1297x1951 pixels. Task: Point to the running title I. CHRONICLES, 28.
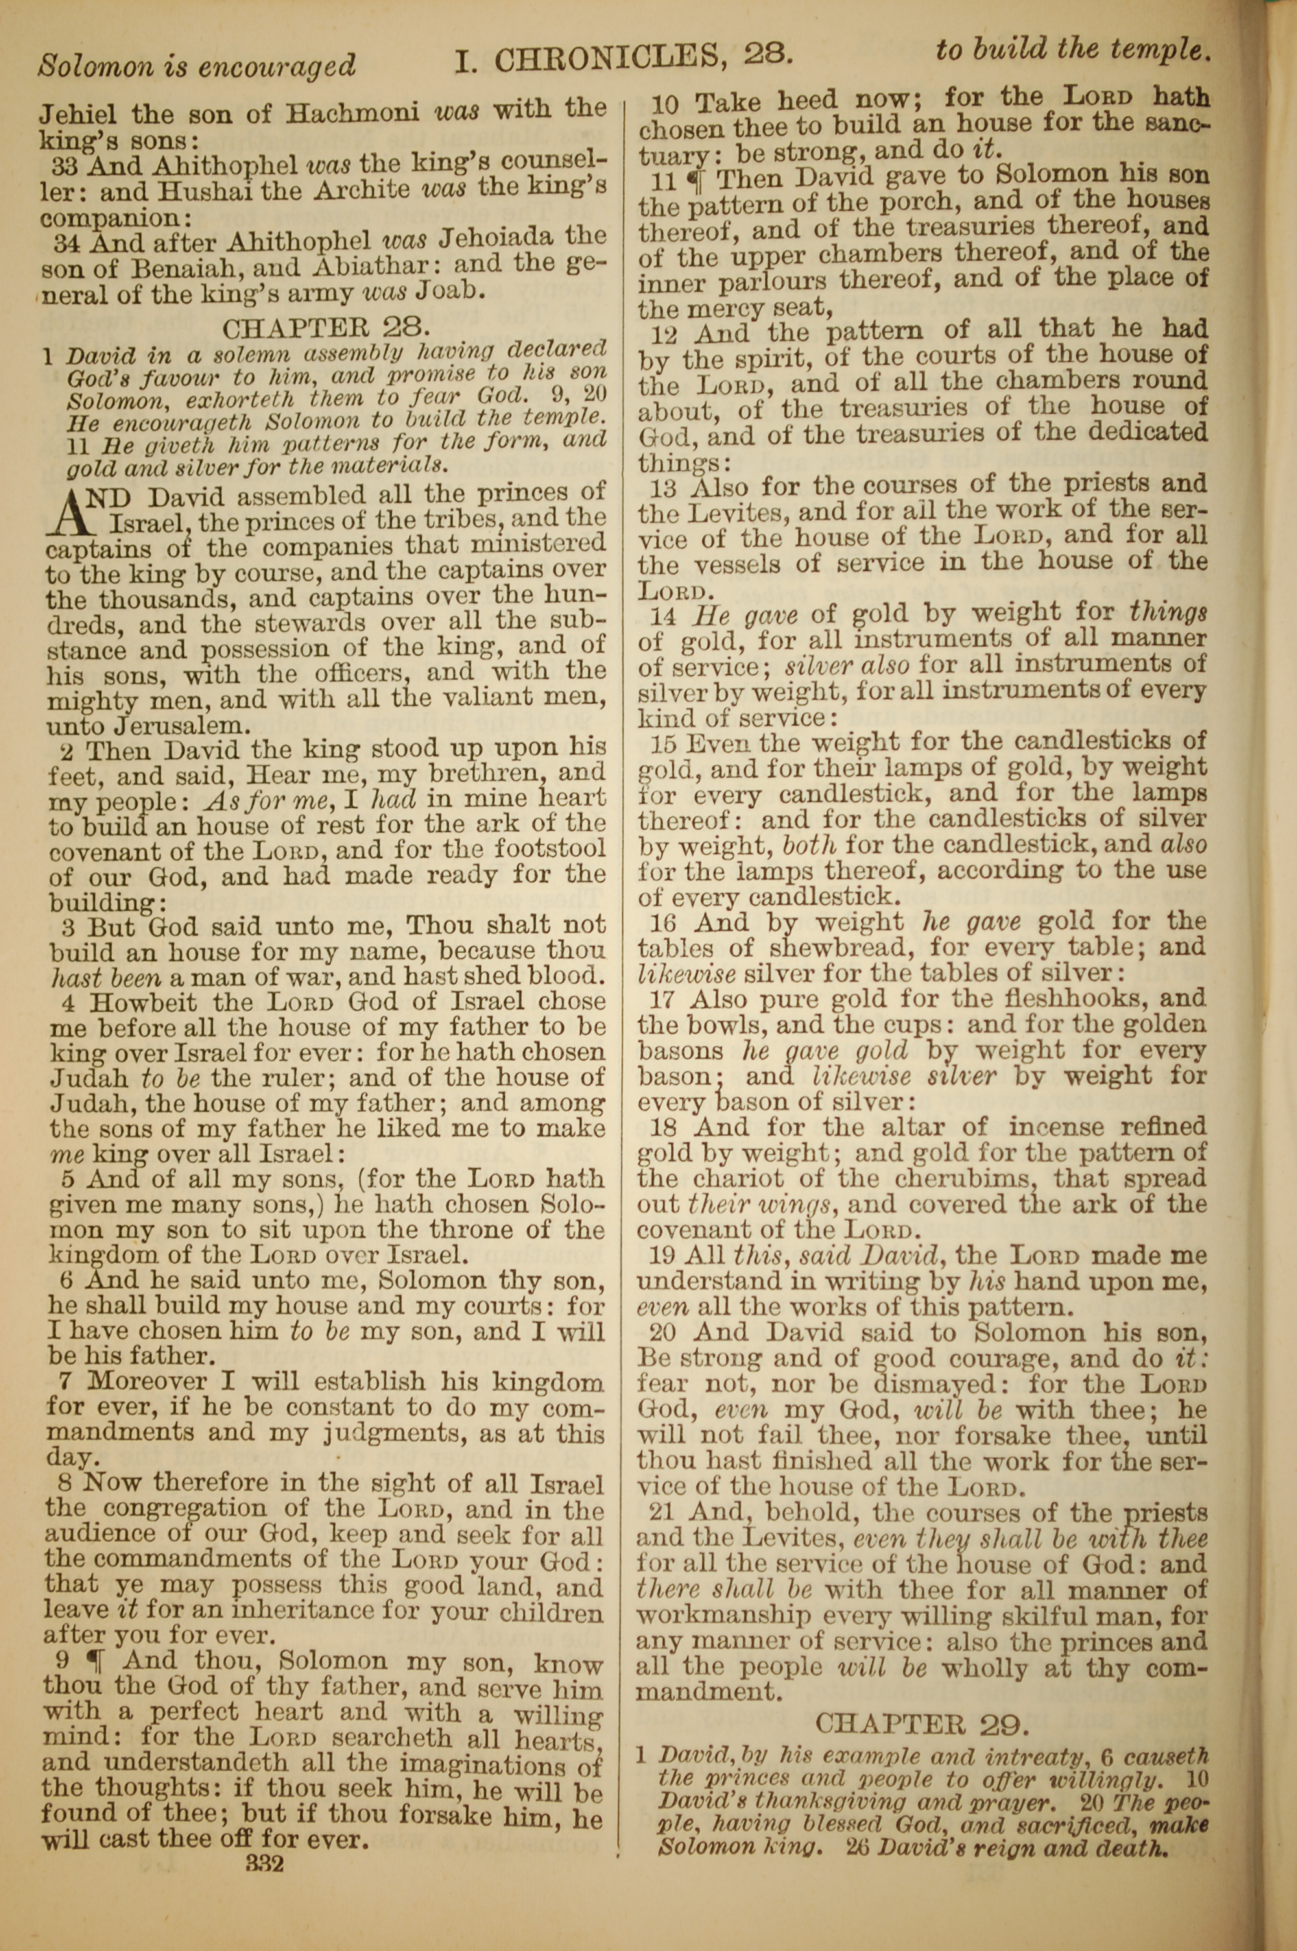pyautogui.click(x=624, y=56)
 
